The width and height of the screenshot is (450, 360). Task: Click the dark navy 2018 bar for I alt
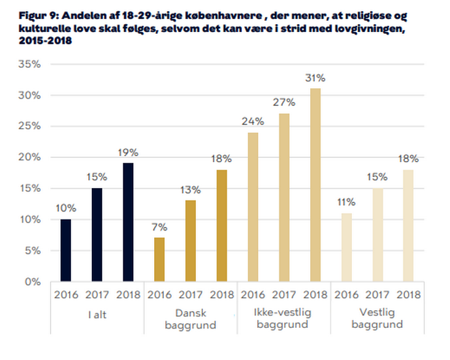[x=128, y=222]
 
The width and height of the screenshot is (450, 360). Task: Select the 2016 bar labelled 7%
[x=159, y=260]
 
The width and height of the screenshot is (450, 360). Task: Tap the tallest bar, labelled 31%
[x=315, y=185]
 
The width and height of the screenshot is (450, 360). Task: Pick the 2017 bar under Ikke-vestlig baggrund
[x=284, y=197]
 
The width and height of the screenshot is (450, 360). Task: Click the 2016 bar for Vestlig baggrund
[x=346, y=247]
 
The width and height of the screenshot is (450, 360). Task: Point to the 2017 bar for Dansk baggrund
[x=190, y=241]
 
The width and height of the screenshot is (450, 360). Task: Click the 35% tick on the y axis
[x=30, y=64]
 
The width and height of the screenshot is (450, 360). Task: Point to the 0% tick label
[x=33, y=282]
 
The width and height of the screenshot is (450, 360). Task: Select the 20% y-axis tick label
[x=30, y=157]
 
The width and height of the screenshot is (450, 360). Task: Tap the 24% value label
[x=253, y=121]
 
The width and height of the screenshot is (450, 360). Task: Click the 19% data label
[x=128, y=152]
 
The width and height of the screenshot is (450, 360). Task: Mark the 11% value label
[x=346, y=202]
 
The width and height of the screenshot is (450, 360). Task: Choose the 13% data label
[x=190, y=190]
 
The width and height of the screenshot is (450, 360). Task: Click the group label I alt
[x=97, y=315]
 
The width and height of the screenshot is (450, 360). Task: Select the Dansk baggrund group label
[x=190, y=319]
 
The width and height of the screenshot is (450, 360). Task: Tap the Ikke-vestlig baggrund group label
[x=283, y=318]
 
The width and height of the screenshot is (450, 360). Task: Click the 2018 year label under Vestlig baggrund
[x=408, y=295]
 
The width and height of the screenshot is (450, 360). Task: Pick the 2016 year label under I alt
[x=66, y=295]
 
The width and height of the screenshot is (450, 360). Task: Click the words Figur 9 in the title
[x=38, y=15]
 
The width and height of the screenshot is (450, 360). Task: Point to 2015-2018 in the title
[x=46, y=41]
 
